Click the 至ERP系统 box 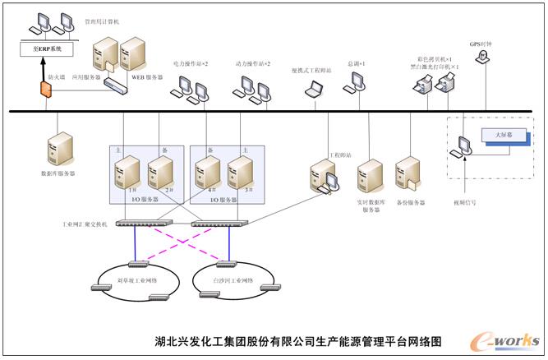pyautogui.click(x=47, y=49)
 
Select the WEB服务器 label pyautogui.click(x=149, y=78)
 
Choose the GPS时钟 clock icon pyautogui.click(x=484, y=57)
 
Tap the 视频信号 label pyautogui.click(x=465, y=202)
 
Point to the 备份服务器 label pyautogui.click(x=410, y=202)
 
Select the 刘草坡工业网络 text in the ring pyautogui.click(x=137, y=280)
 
